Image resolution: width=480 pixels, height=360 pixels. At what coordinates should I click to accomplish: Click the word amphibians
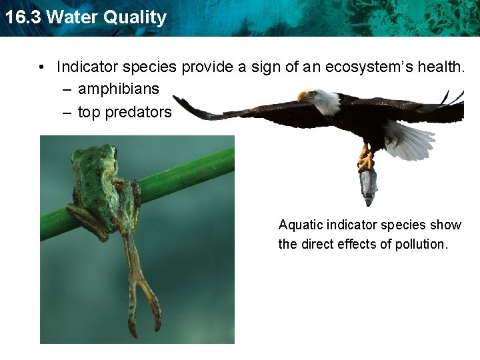coord(119,89)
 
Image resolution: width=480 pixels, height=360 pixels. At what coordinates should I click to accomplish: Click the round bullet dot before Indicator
coord(41,67)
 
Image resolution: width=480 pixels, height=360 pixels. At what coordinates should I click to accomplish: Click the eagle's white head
coord(325,100)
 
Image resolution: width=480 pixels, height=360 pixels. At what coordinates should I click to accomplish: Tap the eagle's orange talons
coord(365,159)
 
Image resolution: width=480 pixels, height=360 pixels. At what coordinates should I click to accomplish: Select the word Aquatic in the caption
coord(300,225)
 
